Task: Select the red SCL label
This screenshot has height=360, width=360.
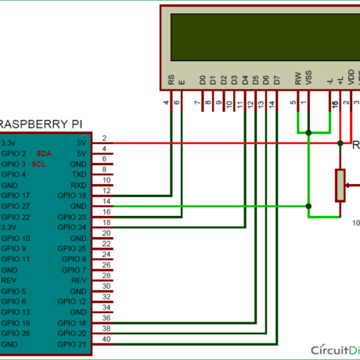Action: pyautogui.click(x=39, y=165)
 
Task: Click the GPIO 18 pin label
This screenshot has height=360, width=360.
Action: pyautogui.click(x=71, y=195)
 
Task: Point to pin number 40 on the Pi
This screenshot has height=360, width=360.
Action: pyautogui.click(x=106, y=339)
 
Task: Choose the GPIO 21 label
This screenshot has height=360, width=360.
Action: pyautogui.click(x=71, y=344)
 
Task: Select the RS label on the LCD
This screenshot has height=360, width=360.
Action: pyautogui.click(x=171, y=79)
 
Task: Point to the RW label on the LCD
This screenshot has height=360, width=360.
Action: pyautogui.click(x=297, y=79)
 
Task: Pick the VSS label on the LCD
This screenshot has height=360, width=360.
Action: pyautogui.click(x=308, y=79)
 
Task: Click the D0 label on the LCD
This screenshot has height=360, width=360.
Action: pyautogui.click(x=202, y=79)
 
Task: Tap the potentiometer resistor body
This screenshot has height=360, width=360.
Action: pyautogui.click(x=340, y=185)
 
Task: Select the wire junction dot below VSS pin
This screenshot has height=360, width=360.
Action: pyautogui.click(x=309, y=131)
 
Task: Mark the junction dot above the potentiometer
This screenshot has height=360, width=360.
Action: pyautogui.click(x=340, y=144)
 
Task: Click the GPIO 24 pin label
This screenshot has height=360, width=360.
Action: pyautogui.click(x=71, y=227)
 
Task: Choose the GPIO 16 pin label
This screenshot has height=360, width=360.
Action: pyautogui.click(x=71, y=322)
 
